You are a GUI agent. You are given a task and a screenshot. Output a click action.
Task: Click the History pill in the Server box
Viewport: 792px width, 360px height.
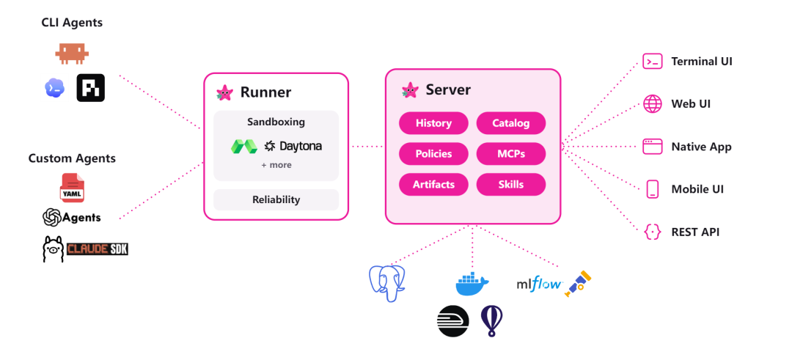click(x=433, y=122)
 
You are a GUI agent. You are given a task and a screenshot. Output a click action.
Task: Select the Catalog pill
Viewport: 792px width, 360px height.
click(x=510, y=122)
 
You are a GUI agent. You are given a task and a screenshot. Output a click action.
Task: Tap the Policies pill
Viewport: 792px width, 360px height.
click(x=433, y=153)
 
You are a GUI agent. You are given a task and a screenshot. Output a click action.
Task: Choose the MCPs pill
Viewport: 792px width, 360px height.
click(x=510, y=153)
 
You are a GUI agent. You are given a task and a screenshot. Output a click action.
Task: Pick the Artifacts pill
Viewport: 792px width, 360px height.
click(x=433, y=184)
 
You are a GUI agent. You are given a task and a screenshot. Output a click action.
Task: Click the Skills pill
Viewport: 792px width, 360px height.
click(x=510, y=184)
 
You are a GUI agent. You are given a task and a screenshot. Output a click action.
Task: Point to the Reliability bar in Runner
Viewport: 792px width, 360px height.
click(x=276, y=199)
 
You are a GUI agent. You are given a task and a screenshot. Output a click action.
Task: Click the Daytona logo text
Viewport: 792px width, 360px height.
click(x=301, y=147)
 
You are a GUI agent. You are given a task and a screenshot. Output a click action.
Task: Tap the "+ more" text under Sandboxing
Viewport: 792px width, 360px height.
click(x=276, y=165)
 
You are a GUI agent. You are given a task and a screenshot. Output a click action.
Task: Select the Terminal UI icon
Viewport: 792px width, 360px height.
click(x=652, y=62)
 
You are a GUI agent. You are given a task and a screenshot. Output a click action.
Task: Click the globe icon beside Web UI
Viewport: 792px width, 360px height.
click(x=652, y=103)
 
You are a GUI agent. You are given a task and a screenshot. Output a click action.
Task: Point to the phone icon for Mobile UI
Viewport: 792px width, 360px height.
click(x=652, y=189)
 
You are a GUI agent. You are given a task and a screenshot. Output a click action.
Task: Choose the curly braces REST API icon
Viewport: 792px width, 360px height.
click(x=652, y=232)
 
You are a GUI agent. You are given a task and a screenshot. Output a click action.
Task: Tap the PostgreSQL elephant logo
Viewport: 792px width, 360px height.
click(x=387, y=284)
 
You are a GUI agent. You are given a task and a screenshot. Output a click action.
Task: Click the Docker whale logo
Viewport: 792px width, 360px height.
click(x=472, y=284)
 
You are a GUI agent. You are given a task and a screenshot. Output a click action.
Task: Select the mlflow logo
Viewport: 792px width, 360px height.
click(x=539, y=284)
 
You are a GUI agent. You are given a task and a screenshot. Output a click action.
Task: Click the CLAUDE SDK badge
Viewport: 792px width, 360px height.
click(x=98, y=249)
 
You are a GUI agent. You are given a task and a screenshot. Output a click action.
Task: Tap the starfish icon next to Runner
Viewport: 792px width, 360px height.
click(x=225, y=92)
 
